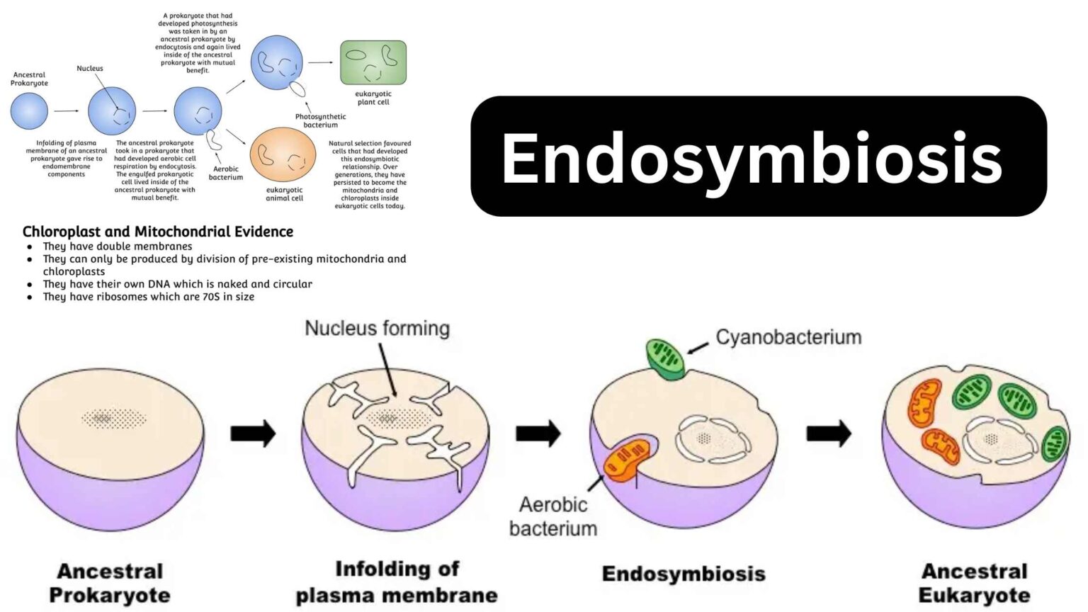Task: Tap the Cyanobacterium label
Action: pos(788,337)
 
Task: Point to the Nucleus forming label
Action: pos(377,329)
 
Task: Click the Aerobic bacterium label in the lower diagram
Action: pos(553,516)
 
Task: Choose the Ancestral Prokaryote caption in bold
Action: pos(110,583)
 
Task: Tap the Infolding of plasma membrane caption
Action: pos(397,582)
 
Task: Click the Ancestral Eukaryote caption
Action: pos(974,583)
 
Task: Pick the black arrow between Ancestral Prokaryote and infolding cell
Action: pos(253,433)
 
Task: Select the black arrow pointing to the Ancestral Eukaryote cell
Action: pos(829,433)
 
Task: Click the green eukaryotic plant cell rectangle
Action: pos(373,62)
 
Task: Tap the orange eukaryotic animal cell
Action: pos(283,155)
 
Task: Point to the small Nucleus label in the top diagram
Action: pos(90,69)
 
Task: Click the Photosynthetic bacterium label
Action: pos(320,120)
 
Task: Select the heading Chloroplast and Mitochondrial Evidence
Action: pos(158,232)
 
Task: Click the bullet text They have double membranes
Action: pos(118,246)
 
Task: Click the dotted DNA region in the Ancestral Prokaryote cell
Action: pos(113,419)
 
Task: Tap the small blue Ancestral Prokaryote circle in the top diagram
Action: pos(29,111)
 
